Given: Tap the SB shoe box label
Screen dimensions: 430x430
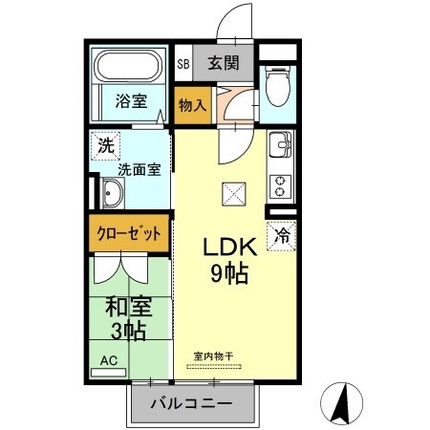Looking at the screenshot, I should [183, 65].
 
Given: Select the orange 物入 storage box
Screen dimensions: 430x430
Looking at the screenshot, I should [192, 105].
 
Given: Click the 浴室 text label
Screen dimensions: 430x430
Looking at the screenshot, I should [130, 99].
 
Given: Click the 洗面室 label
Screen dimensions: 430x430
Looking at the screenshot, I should [138, 170].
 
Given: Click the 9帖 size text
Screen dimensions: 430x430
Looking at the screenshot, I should [229, 275].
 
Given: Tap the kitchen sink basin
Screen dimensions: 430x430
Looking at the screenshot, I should [280, 147].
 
